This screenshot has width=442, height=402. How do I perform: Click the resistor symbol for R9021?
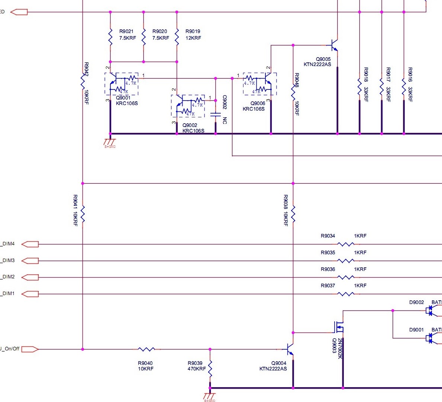point(110,36)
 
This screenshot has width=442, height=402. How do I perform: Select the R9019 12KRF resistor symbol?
point(177,36)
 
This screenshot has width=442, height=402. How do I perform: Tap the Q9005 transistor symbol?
point(334,45)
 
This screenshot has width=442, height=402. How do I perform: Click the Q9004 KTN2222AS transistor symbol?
point(290,349)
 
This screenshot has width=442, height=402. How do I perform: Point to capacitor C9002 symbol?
point(216,114)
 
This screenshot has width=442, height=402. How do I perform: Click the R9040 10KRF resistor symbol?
point(146,349)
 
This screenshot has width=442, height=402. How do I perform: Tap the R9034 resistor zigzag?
point(346,244)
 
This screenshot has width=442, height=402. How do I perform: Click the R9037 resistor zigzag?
point(346,294)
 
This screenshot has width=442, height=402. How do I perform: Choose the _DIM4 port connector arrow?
point(30,244)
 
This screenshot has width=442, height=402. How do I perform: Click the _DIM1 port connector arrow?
point(30,294)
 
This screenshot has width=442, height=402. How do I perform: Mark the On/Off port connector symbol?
point(30,349)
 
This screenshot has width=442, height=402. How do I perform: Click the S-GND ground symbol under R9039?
point(210,396)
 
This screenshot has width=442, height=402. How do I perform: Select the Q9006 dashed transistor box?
point(260,84)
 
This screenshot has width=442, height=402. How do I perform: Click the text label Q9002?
point(190,125)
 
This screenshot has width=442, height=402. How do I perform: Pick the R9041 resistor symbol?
point(83,214)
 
